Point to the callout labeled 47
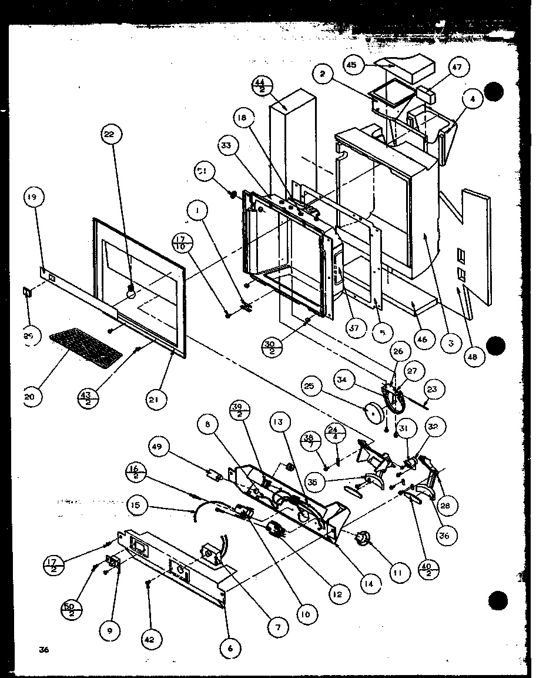458,68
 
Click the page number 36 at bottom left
43,650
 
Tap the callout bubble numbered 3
450,343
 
